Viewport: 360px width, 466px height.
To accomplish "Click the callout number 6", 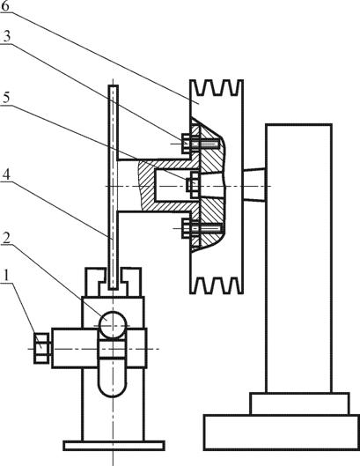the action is click(x=5, y=6).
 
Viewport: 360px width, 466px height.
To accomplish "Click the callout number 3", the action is click(x=6, y=36).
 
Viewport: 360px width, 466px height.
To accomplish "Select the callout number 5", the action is click(x=5, y=97).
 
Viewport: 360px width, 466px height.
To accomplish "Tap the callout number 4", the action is click(x=6, y=174).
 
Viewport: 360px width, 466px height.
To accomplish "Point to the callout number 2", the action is click(x=6, y=238).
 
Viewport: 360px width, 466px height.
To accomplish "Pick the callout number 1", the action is click(x=6, y=276).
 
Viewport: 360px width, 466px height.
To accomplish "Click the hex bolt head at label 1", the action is click(x=41, y=348).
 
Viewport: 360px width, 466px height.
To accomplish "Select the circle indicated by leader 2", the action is click(x=113, y=325).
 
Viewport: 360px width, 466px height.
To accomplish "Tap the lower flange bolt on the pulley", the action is click(x=202, y=228).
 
